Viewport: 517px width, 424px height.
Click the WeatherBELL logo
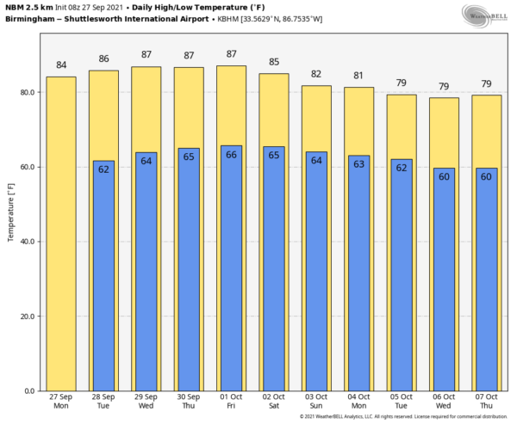click(484, 15)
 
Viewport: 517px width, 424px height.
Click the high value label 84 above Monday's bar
click(61, 65)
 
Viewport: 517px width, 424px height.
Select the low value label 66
click(231, 155)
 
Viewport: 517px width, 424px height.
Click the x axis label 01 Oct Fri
click(231, 402)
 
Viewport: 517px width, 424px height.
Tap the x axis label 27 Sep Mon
click(61, 402)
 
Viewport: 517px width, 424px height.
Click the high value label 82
click(316, 74)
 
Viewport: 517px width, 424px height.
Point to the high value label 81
click(358, 76)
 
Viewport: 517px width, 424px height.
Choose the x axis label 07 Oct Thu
click(486, 402)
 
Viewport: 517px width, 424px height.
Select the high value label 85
click(274, 62)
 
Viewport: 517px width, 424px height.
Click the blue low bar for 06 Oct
click(444, 284)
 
